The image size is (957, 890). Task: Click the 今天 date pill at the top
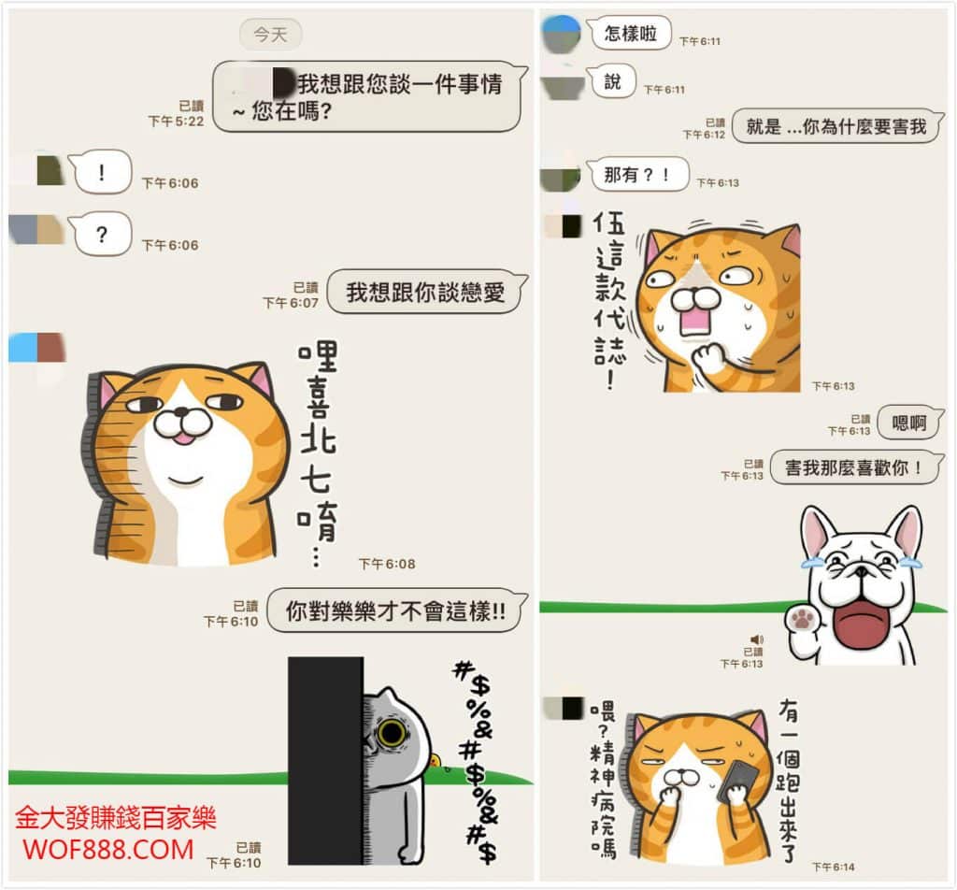(x=270, y=35)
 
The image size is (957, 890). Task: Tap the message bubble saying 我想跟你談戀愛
(x=426, y=292)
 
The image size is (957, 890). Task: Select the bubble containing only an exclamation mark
(x=101, y=172)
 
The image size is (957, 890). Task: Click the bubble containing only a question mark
(x=101, y=234)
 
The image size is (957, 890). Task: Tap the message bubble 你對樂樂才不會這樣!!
(x=396, y=610)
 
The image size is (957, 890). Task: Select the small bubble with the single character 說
(x=611, y=80)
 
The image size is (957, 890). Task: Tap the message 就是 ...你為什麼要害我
(x=836, y=126)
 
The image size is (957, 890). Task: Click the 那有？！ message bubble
(x=637, y=175)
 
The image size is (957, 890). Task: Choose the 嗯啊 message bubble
(x=910, y=423)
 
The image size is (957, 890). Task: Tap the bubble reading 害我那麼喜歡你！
(x=856, y=467)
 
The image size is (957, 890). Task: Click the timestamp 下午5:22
(x=176, y=122)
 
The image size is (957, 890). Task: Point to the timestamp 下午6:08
(x=387, y=564)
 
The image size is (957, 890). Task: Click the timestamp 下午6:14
(x=833, y=867)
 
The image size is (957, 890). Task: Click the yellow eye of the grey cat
(x=392, y=732)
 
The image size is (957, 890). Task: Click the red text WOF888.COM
(x=108, y=850)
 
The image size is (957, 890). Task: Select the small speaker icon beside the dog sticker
(x=757, y=639)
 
